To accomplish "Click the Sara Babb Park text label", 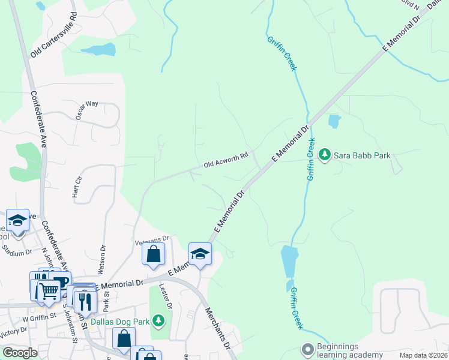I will pos(363,155).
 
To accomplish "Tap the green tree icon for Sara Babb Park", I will pos(325,155).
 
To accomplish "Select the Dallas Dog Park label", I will pos(120,322).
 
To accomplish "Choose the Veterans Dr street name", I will pos(152,239).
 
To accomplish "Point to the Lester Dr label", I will pos(165,296).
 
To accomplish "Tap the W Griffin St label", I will pos(40,313).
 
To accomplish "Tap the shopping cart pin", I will pos(49,292).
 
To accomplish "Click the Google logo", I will pos(20,353).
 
